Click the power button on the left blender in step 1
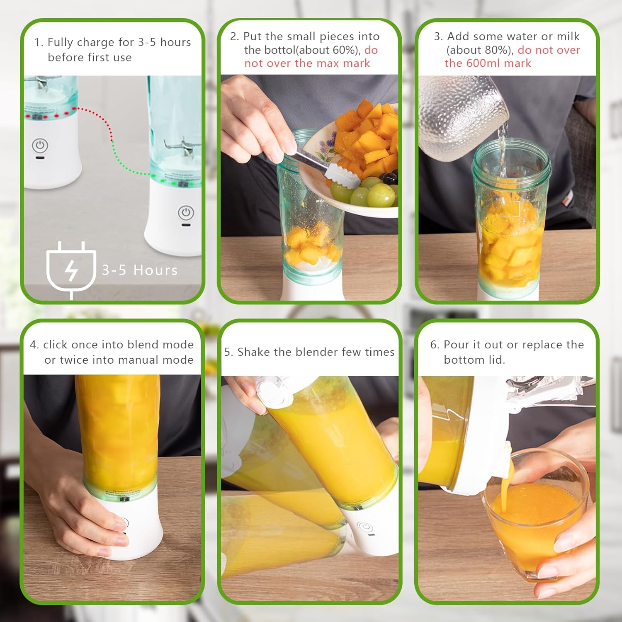(x=40, y=145)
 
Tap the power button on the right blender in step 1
(x=186, y=213)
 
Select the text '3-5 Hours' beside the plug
(x=140, y=270)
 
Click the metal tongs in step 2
(x=328, y=168)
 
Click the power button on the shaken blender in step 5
(x=366, y=527)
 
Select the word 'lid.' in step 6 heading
(x=496, y=360)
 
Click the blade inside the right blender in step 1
(x=182, y=147)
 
